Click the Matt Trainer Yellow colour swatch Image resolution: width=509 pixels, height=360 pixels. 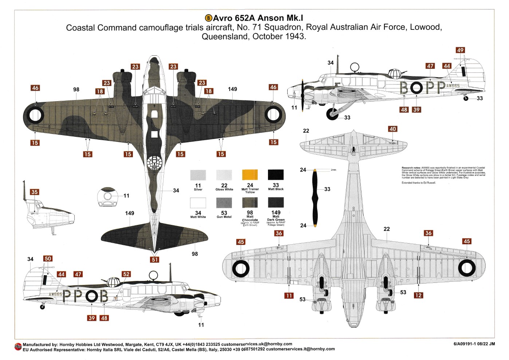point(250,175)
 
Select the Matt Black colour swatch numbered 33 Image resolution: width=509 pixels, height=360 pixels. point(276,175)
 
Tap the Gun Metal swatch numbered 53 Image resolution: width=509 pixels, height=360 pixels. point(224,203)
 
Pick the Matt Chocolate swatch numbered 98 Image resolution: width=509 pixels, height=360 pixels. point(250,203)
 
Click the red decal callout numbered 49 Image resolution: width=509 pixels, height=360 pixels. point(460,50)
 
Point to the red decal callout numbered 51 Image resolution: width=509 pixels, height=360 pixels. point(155,260)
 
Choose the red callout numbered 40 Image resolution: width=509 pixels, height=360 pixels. point(392,129)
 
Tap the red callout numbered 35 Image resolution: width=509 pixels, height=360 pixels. point(34,192)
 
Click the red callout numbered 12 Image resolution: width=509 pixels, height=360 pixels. point(418,295)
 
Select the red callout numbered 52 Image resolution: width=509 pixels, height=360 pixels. point(126,274)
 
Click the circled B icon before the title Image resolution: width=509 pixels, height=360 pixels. point(208,18)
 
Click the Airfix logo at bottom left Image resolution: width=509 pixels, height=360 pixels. point(18,346)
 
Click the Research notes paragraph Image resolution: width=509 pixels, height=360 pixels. point(443,173)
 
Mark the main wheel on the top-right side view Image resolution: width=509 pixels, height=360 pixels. point(332,114)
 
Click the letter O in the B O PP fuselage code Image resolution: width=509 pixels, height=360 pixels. point(417,88)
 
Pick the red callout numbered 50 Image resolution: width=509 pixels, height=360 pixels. point(48,258)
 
